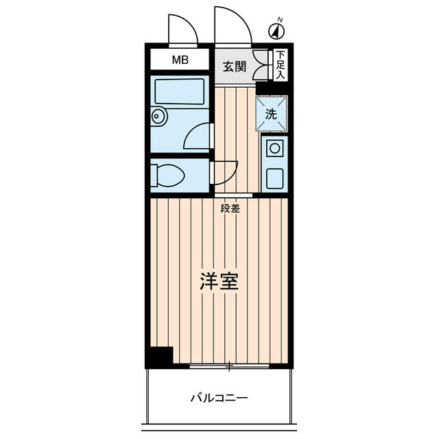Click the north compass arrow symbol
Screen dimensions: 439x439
pyautogui.click(x=276, y=30)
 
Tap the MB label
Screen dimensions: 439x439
pyautogui.click(x=179, y=60)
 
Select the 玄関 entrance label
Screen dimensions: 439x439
pyautogui.click(x=234, y=67)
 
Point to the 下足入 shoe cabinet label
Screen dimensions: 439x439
pyautogui.click(x=281, y=66)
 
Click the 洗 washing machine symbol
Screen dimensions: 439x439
pyautogui.click(x=272, y=114)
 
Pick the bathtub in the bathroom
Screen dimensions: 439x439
pyautogui.click(x=180, y=91)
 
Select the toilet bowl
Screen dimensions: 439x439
pyautogui.click(x=167, y=176)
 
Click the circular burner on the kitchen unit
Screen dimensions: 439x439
pyautogui.click(x=274, y=147)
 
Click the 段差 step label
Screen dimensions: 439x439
pyautogui.click(x=230, y=209)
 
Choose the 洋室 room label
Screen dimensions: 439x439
pyautogui.click(x=219, y=282)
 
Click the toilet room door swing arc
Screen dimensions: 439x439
pyautogui.click(x=225, y=171)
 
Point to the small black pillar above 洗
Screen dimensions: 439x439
pyautogui.click(x=264, y=88)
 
